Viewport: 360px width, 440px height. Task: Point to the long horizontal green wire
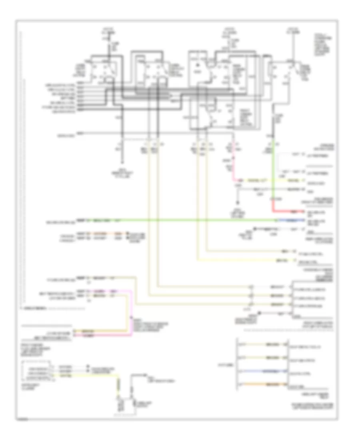(180, 220)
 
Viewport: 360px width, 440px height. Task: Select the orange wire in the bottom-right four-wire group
(262, 384)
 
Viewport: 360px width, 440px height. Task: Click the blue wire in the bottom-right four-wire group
(262, 371)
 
